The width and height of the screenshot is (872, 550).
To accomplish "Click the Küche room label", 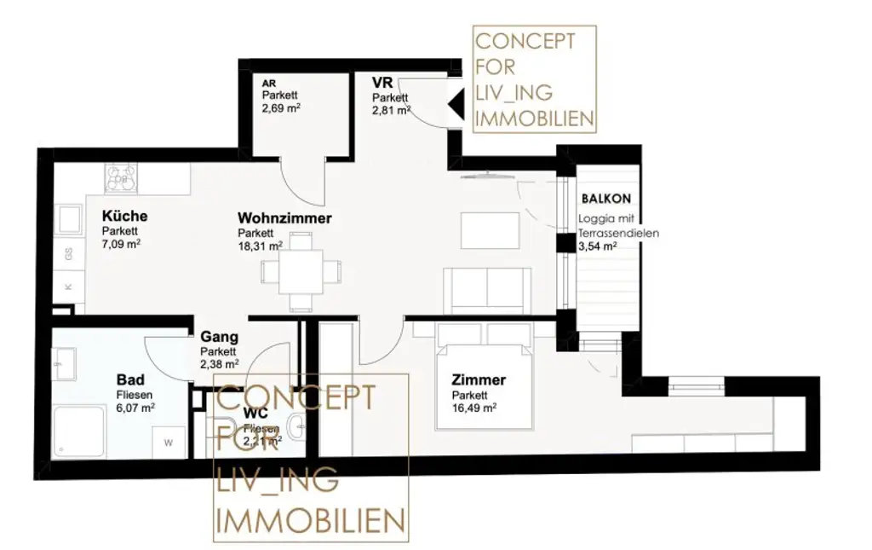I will click(124, 216).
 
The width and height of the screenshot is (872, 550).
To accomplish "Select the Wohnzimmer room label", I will click(284, 218).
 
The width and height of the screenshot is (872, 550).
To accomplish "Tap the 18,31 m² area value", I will click(260, 246).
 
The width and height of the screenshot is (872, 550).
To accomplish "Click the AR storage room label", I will click(268, 84).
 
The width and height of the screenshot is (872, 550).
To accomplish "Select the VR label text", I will click(381, 83).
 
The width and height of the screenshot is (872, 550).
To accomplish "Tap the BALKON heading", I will click(606, 198).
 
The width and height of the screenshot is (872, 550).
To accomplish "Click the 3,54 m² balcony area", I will click(597, 246).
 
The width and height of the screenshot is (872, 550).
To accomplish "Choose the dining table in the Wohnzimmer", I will click(301, 271).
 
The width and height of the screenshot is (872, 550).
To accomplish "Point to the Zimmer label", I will click(479, 380).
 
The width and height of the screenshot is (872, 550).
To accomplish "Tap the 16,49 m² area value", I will click(474, 408).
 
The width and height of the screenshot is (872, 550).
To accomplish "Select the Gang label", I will click(219, 338).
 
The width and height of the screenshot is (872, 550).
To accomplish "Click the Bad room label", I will click(130, 379).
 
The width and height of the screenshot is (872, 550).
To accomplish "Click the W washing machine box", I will click(168, 442).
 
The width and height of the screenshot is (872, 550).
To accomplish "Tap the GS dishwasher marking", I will click(68, 252).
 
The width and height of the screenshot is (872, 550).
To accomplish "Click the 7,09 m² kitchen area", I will click(121, 243).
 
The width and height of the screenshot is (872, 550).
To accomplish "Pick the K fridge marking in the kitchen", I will click(68, 287).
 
